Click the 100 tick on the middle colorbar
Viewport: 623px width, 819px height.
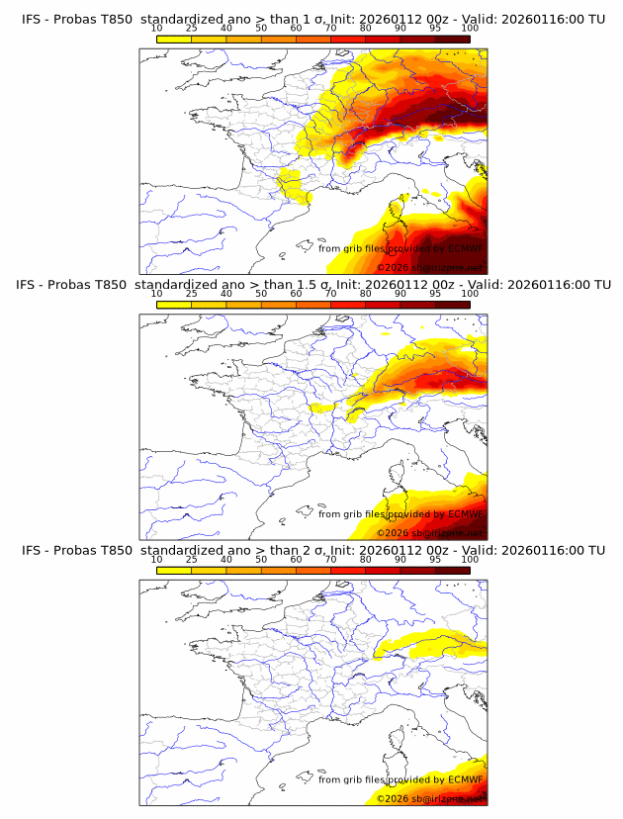coord(470,294)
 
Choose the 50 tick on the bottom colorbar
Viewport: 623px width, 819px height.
coord(261,561)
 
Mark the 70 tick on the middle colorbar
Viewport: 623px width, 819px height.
coord(330,294)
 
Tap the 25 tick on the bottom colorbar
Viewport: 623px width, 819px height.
coord(191,561)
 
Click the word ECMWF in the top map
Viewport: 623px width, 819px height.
coord(465,248)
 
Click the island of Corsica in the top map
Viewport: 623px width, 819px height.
coord(401,209)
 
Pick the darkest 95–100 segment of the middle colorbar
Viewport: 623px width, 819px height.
coord(452,305)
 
